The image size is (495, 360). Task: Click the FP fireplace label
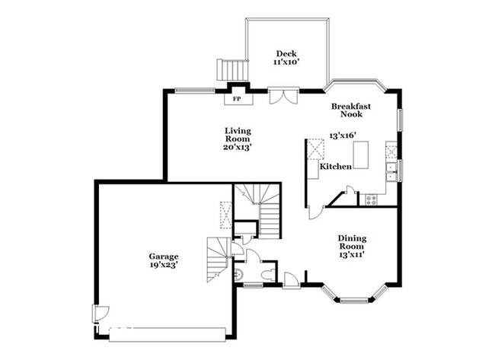tap(237, 99)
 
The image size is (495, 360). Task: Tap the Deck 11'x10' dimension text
tap(286, 62)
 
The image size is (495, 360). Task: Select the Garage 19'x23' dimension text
tap(164, 265)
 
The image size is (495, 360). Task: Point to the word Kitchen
tap(336, 166)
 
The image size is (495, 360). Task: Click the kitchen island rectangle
tap(361, 155)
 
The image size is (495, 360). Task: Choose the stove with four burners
tap(372, 199)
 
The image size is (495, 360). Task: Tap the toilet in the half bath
tap(268, 275)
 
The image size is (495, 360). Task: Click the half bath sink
tap(239, 275)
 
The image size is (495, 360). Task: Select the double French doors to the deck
tap(283, 96)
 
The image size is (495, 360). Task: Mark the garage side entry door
tap(101, 314)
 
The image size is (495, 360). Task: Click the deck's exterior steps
tap(232, 69)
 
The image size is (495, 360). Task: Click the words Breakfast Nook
tap(351, 110)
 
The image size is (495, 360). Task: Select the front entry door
tap(291, 280)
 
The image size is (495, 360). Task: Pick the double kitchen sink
tap(391, 172)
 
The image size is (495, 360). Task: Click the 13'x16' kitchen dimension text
tap(343, 135)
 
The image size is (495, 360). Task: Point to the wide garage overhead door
tap(168, 335)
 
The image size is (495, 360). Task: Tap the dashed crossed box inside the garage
tap(225, 215)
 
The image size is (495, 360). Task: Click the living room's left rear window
tap(195, 91)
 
